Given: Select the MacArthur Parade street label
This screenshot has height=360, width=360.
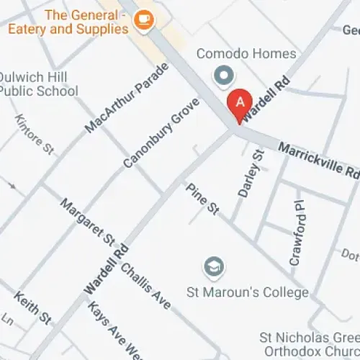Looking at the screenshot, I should coord(126,97).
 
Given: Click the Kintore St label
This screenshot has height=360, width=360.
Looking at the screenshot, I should coord(35,134).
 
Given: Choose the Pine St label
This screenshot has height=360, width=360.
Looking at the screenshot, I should coord(202,199).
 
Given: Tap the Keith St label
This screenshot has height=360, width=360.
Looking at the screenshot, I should coord(33,307).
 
